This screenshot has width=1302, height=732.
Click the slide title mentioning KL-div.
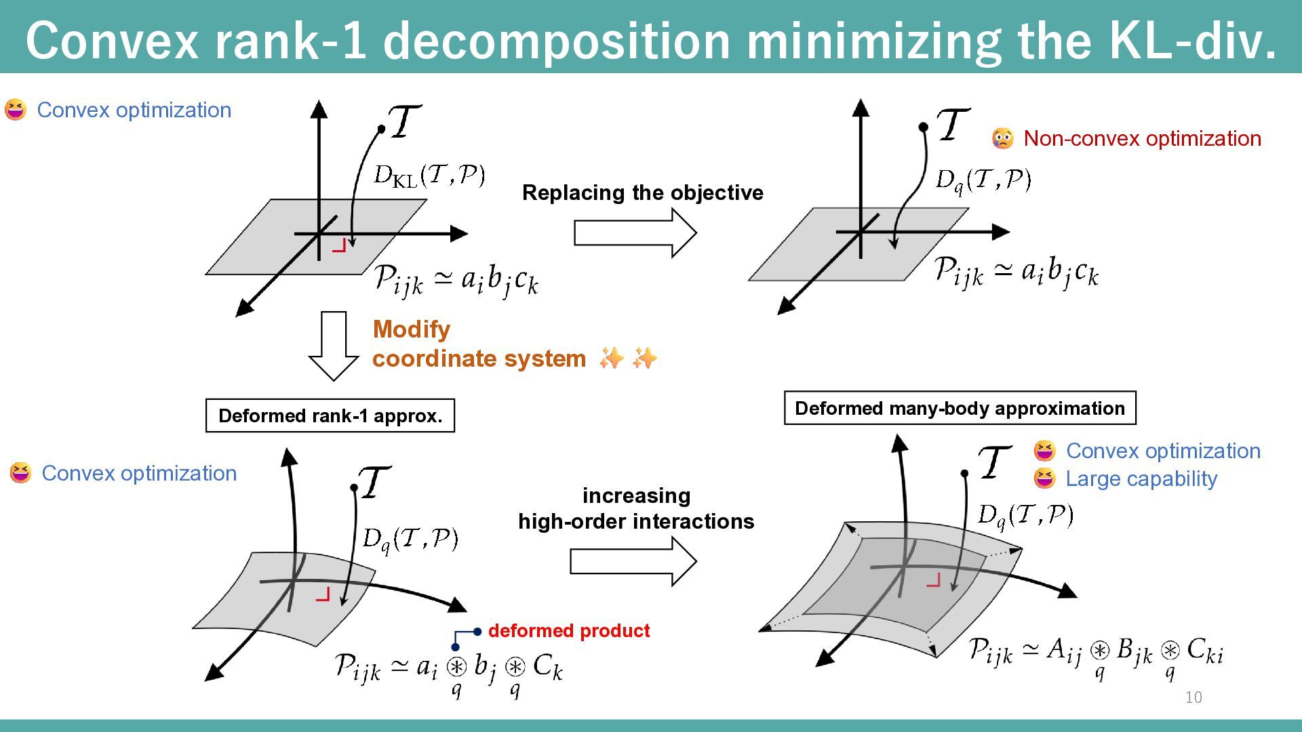click(651, 39)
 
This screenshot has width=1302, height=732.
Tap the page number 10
click(1193, 697)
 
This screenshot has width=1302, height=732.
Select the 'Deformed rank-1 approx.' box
click(330, 415)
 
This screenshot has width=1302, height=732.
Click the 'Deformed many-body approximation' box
click(960, 408)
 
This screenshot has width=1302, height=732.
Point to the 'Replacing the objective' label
click(642, 192)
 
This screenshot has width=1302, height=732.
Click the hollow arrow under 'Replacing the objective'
click(635, 232)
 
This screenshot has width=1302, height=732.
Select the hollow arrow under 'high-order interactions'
click(633, 561)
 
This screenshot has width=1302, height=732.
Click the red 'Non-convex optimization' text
click(1142, 138)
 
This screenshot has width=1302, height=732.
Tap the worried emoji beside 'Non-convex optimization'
click(1002, 138)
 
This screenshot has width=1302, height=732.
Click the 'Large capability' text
click(1141, 479)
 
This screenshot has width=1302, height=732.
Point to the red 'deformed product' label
click(568, 630)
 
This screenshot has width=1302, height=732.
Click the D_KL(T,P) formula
click(429, 175)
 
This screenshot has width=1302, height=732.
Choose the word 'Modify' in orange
click(411, 329)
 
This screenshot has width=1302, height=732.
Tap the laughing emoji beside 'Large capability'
click(1044, 479)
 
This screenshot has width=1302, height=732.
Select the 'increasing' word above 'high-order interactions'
click(636, 495)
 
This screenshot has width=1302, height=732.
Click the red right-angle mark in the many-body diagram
click(934, 580)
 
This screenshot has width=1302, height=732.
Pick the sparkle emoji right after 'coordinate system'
click(611, 358)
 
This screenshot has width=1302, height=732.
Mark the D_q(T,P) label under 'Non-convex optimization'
click(983, 180)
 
